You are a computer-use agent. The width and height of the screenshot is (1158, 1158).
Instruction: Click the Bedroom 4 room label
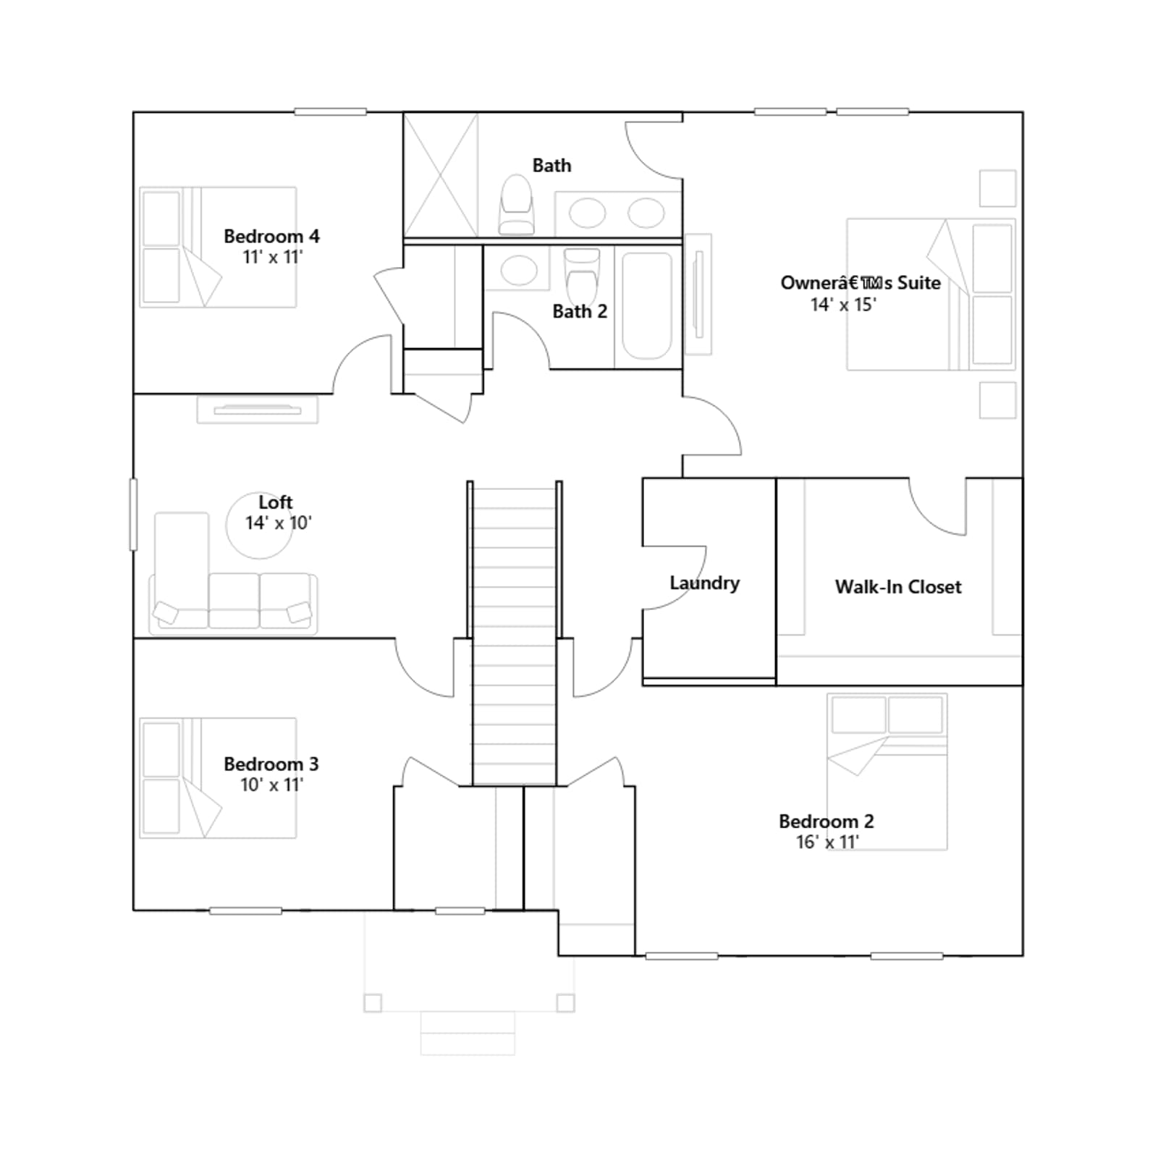click(271, 236)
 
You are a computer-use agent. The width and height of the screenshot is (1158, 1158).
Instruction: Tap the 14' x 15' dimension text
click(843, 305)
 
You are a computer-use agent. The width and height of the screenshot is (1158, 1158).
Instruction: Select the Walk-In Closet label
click(898, 587)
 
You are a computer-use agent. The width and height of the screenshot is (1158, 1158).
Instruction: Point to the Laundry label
click(704, 583)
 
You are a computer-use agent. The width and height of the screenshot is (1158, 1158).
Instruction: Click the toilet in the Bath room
click(516, 204)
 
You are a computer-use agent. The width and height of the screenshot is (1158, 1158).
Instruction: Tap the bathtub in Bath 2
click(648, 305)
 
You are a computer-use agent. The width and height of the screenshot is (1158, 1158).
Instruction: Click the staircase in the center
click(515, 633)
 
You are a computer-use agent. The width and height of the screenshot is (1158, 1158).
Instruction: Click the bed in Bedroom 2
click(887, 772)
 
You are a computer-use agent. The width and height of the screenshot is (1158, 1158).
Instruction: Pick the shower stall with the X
click(441, 175)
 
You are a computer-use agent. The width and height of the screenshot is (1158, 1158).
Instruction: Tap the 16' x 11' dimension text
click(827, 842)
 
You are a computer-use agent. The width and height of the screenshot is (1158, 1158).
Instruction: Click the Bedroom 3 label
click(271, 764)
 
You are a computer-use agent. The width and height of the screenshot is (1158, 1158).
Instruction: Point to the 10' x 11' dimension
click(271, 785)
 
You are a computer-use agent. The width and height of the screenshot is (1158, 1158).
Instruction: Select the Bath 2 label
click(580, 311)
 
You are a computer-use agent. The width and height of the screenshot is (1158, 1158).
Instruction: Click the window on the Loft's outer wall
click(133, 514)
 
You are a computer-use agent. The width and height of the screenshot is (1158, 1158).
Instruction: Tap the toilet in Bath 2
click(582, 276)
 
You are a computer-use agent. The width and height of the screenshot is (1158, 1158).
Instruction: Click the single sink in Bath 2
click(519, 271)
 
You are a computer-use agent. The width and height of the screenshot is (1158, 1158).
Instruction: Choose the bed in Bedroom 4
click(218, 248)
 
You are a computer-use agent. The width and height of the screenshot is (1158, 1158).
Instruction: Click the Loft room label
click(276, 502)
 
